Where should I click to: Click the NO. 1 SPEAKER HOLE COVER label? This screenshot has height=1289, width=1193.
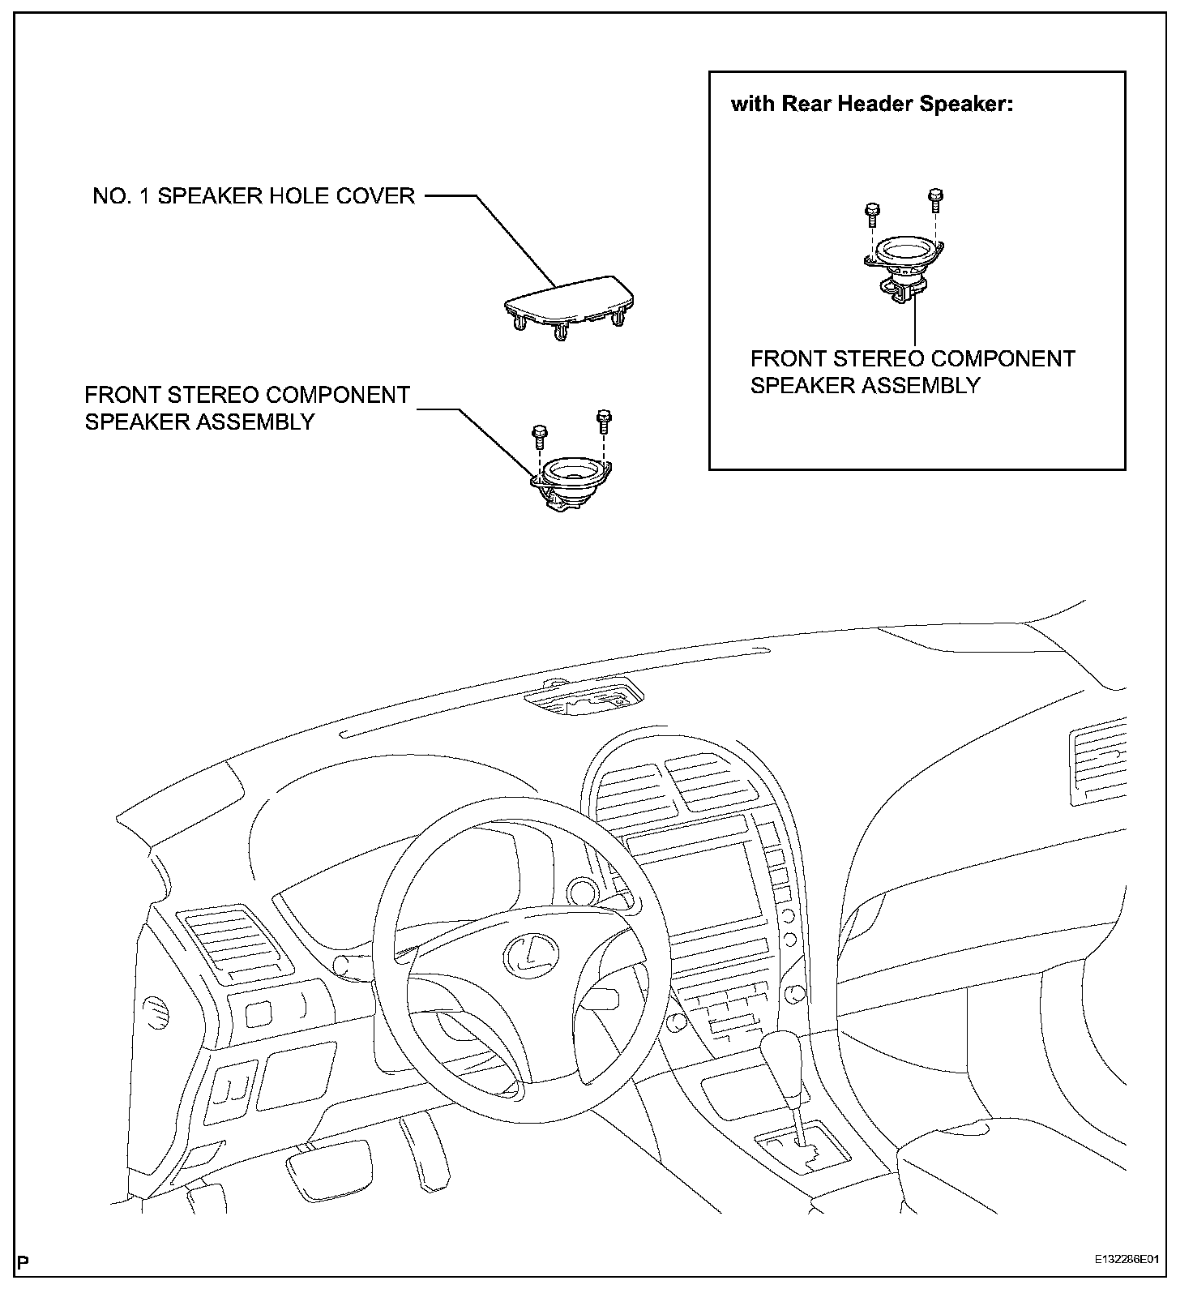pos(254,196)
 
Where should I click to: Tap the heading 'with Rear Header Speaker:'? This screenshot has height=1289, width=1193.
pos(872,105)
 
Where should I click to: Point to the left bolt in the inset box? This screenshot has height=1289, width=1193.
pos(871,213)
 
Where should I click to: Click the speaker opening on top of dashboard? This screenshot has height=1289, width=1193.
pos(584,697)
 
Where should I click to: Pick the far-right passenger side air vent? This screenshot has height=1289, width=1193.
pos(1097,762)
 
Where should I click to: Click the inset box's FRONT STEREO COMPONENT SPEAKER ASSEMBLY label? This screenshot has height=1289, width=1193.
pos(912,371)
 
